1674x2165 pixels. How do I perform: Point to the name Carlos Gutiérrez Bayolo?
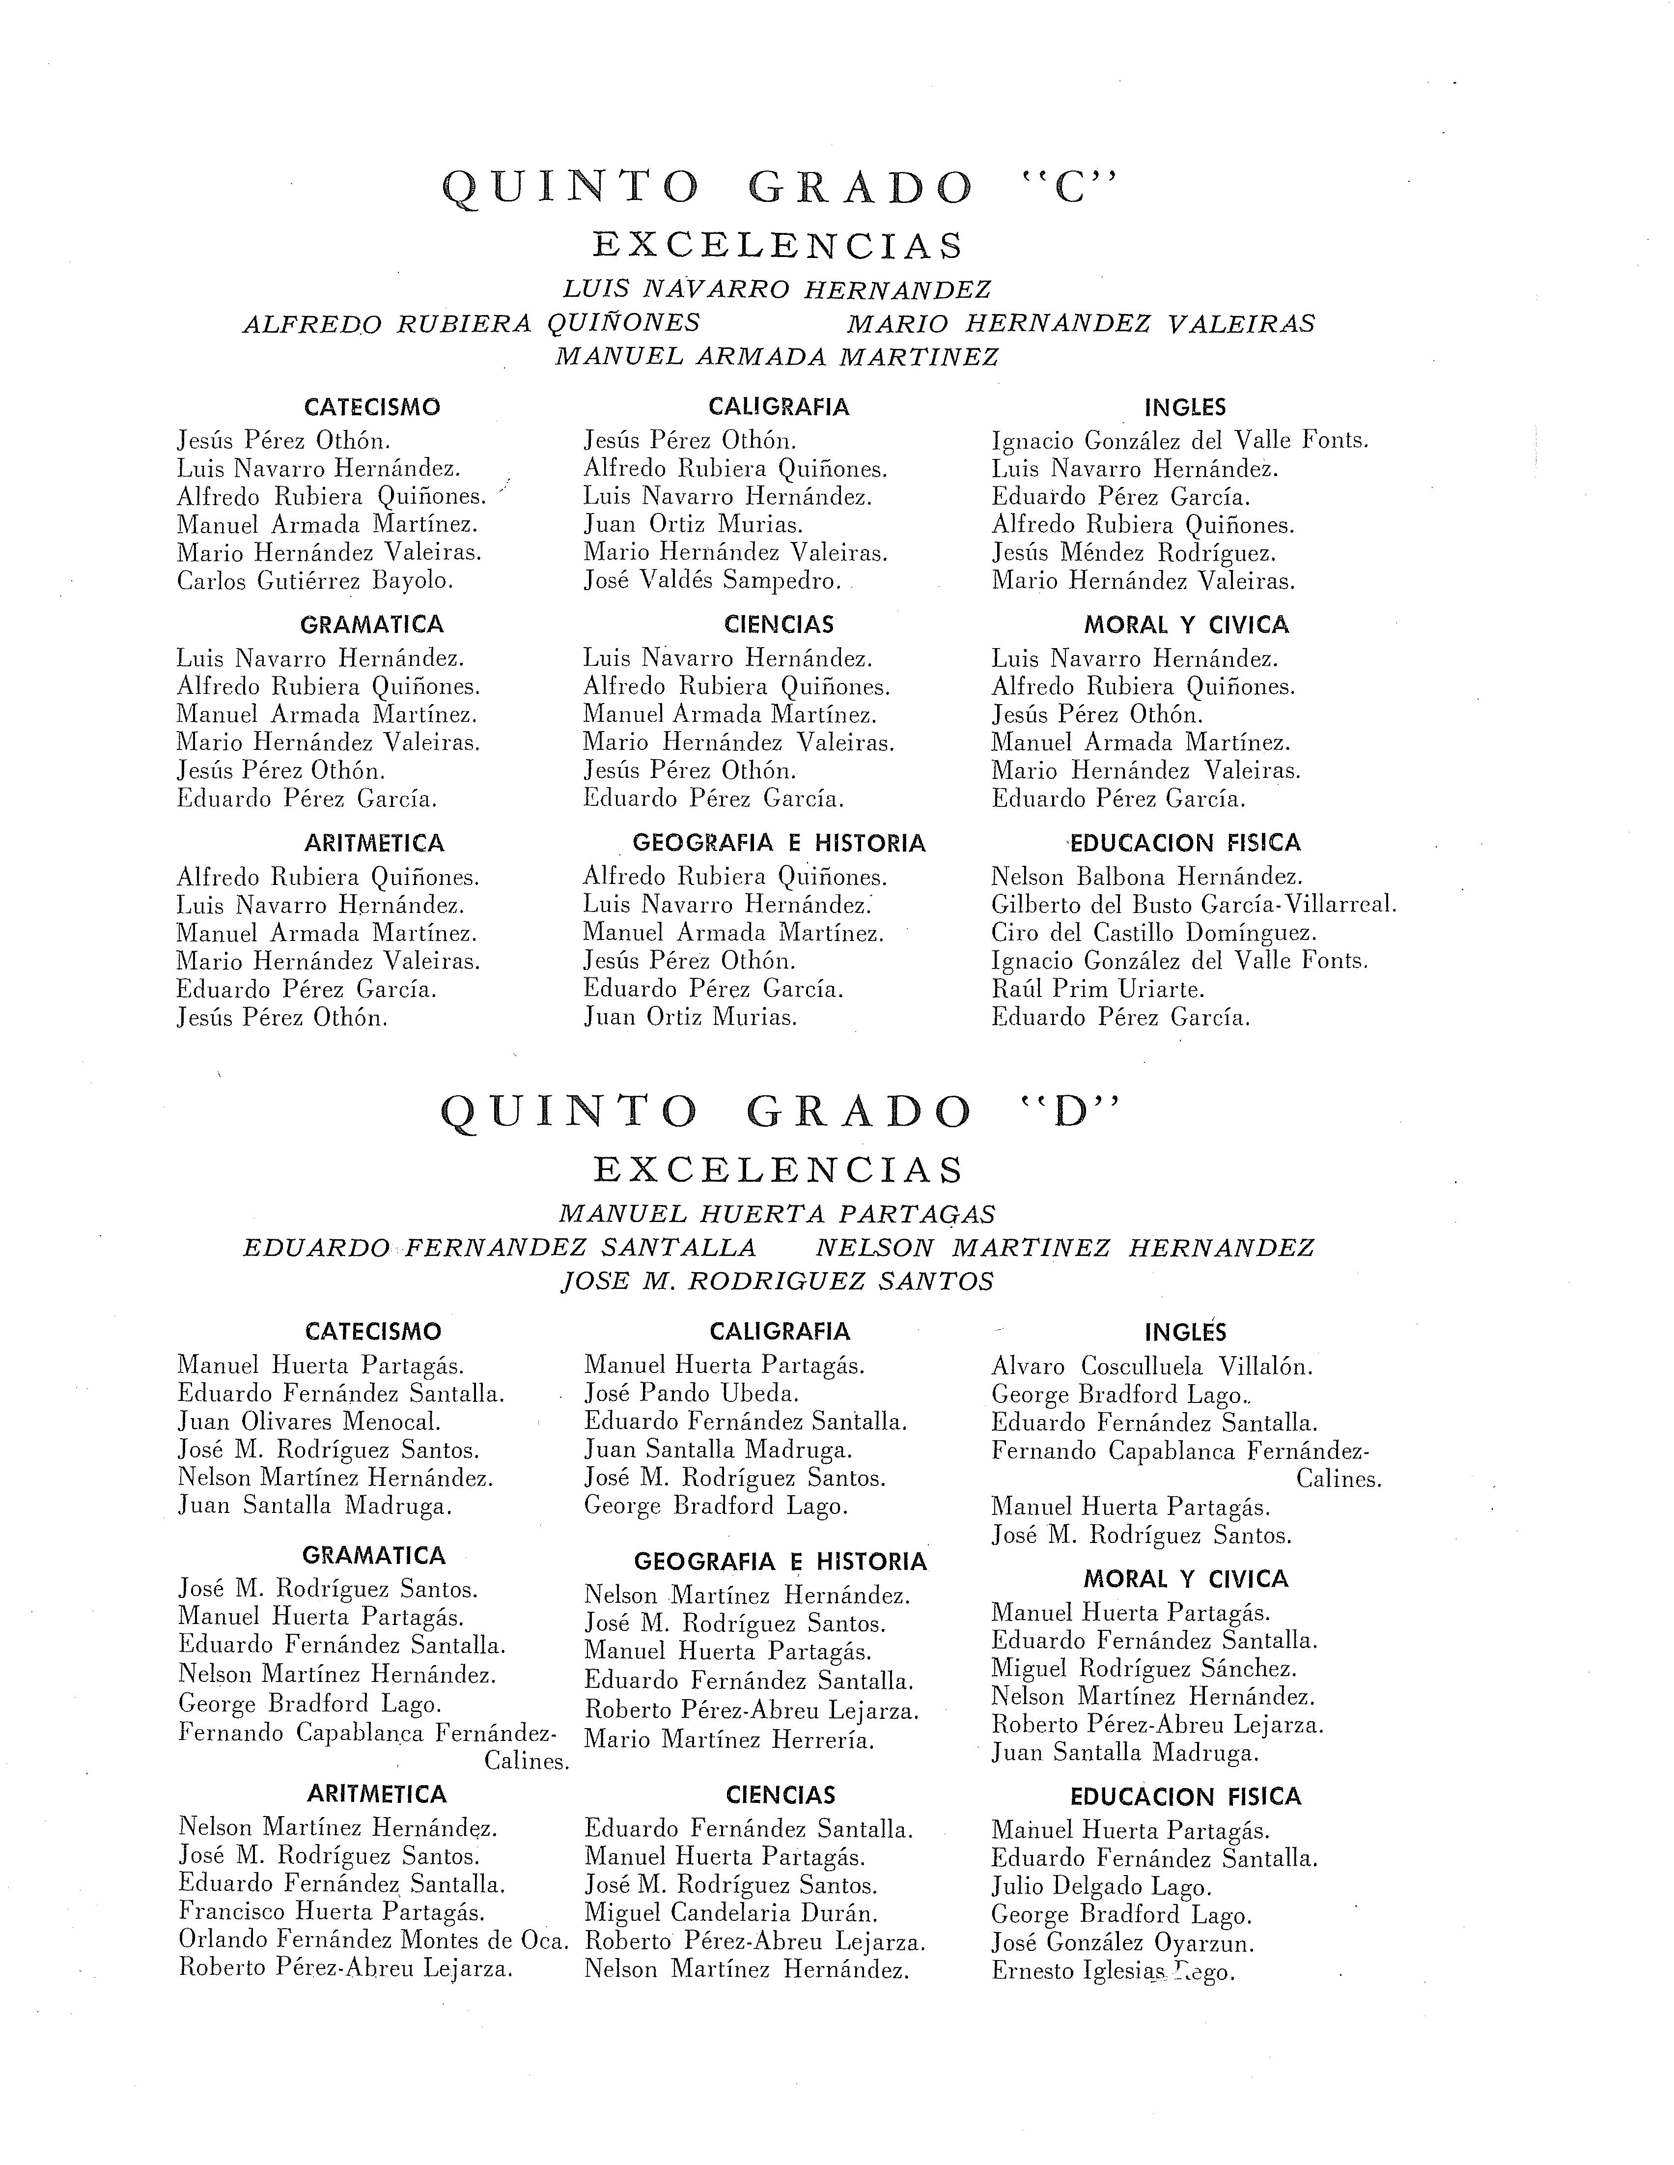(315, 581)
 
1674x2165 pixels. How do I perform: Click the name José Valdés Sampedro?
(712, 581)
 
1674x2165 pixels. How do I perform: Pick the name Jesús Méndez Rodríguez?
(1134, 553)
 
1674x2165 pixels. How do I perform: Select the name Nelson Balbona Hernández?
(1147, 877)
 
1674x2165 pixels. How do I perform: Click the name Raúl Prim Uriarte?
(1098, 989)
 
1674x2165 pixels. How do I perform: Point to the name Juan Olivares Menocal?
(308, 1422)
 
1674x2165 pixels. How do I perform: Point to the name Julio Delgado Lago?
(1101, 1886)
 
